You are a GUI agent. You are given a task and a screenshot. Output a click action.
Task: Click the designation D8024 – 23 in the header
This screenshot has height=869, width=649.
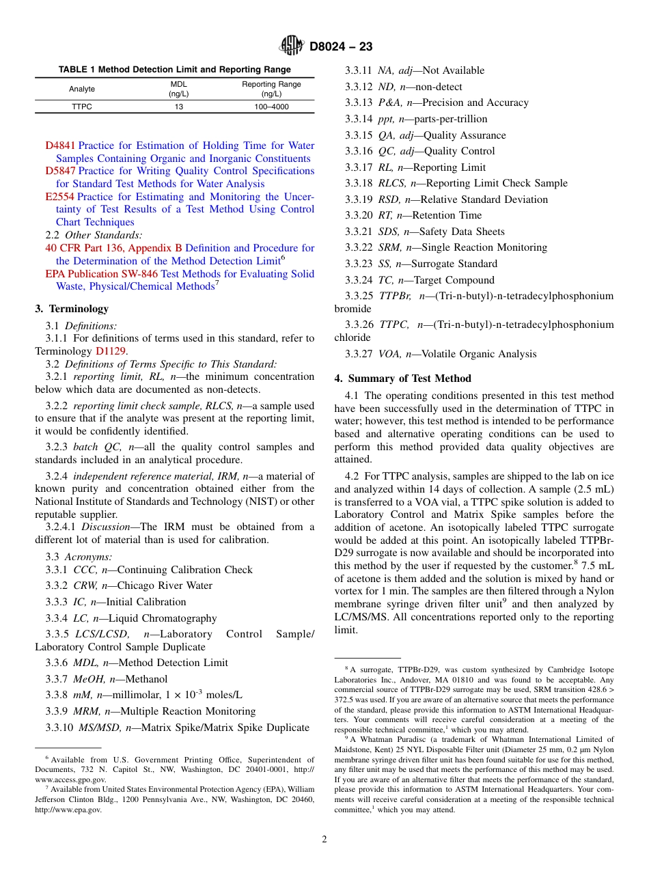click(340, 46)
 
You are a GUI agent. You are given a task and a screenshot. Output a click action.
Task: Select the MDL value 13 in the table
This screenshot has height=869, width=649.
click(178, 107)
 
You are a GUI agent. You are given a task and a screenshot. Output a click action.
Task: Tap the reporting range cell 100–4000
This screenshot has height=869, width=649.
click(271, 107)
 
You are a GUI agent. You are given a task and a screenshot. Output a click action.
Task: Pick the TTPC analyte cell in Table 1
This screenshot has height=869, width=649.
click(82, 107)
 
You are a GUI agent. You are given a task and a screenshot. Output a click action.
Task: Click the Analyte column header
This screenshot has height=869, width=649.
click(82, 89)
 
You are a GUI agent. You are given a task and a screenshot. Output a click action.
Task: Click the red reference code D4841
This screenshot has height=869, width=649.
click(61, 146)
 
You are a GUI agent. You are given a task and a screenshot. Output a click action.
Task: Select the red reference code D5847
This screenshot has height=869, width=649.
click(61, 171)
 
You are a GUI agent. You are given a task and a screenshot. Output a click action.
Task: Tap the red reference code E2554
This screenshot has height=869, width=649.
click(60, 197)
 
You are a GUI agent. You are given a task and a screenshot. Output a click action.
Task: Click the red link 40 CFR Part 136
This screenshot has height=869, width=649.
click(85, 248)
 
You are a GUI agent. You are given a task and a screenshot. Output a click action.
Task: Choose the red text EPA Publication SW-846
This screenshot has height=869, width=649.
click(102, 274)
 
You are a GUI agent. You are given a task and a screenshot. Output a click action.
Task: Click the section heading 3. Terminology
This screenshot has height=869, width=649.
click(72, 309)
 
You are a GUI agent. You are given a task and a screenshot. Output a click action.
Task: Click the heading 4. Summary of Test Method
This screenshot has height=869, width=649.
click(402, 378)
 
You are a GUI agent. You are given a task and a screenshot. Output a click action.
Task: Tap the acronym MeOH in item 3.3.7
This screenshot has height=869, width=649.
click(89, 679)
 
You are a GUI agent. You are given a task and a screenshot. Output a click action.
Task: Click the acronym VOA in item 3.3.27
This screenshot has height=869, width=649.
click(390, 354)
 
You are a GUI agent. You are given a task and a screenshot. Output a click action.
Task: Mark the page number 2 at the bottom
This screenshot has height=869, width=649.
click(324, 839)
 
